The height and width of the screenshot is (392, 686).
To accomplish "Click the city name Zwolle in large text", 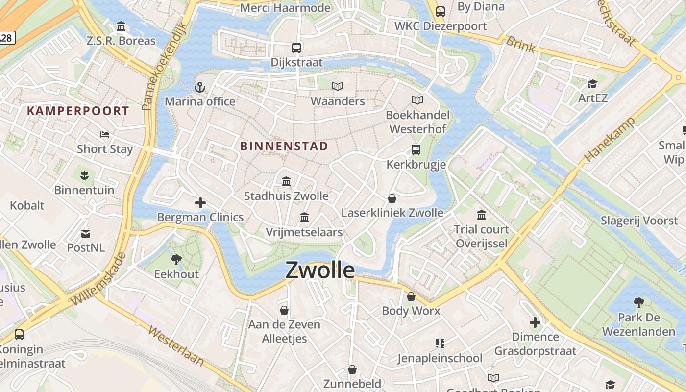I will (x=320, y=270).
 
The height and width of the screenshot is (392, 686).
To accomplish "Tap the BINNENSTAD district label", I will (x=284, y=146).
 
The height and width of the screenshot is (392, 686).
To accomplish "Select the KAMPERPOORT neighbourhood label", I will (x=78, y=111).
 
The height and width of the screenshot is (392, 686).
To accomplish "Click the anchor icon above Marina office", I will (x=199, y=88).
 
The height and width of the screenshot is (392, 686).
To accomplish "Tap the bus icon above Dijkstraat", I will (x=296, y=48).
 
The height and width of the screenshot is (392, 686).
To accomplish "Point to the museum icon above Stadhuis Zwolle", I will (x=286, y=182).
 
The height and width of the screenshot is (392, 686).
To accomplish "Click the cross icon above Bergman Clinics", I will (x=200, y=203).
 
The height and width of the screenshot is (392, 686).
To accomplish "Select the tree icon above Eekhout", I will (x=176, y=260).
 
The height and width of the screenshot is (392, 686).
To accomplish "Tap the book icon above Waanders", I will (x=338, y=87).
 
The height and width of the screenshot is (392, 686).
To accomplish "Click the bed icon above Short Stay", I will (x=104, y=135).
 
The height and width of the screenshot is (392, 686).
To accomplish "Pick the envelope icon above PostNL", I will (x=86, y=233).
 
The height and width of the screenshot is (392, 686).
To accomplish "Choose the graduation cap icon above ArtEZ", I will (x=592, y=84).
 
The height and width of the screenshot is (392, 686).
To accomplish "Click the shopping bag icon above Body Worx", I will (x=411, y=296).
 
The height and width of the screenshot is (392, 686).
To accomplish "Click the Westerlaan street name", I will (x=176, y=346).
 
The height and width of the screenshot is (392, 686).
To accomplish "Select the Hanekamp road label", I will (x=610, y=139).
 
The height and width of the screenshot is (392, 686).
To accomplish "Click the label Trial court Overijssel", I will (x=481, y=236).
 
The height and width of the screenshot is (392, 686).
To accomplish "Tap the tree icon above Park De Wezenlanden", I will (x=638, y=303).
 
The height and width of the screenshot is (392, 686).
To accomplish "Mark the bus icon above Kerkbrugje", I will (x=416, y=150).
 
